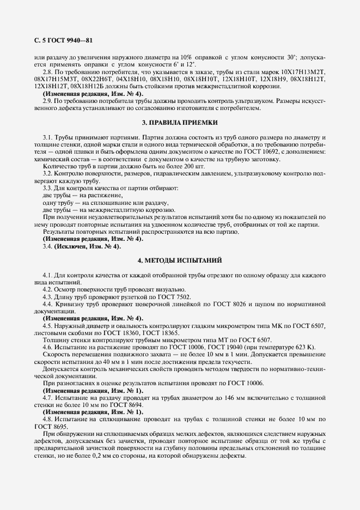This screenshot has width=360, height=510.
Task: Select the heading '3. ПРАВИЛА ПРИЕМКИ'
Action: point(180,123)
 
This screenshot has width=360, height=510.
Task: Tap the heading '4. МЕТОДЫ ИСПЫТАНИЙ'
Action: point(180,260)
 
